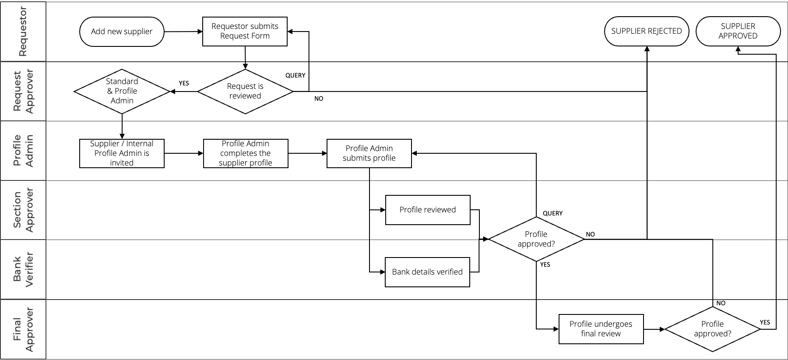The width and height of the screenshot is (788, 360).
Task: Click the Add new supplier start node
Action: pyautogui.click(x=122, y=32)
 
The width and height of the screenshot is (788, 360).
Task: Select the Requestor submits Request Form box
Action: pyautogui.click(x=245, y=32)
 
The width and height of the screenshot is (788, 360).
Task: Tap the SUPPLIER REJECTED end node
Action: pyautogui.click(x=647, y=32)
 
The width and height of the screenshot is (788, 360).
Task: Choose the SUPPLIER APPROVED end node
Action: pyautogui.click(x=738, y=32)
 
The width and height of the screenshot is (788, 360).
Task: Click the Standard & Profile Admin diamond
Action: pyautogui.click(x=122, y=91)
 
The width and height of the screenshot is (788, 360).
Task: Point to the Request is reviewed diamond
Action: pyautogui.click(x=245, y=91)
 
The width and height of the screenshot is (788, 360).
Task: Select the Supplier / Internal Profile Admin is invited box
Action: pyautogui.click(x=122, y=153)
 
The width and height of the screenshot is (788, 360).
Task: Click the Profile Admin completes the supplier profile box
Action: pyautogui.click(x=246, y=153)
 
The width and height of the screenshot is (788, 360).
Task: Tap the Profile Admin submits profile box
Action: pyautogui.click(x=369, y=153)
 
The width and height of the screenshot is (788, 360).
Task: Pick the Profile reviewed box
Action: pyautogui.click(x=428, y=210)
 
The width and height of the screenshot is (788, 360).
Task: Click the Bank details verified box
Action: pyautogui.click(x=427, y=272)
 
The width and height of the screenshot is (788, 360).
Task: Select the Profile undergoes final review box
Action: pyautogui.click(x=601, y=329)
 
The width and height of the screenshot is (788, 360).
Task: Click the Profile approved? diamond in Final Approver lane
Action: pyautogui.click(x=712, y=329)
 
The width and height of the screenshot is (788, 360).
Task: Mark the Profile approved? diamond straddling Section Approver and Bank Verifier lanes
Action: pyautogui.click(x=536, y=239)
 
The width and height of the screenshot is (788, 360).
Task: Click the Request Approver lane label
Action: pyautogui.click(x=23, y=92)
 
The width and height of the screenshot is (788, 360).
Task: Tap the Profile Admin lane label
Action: pyautogui.click(x=23, y=151)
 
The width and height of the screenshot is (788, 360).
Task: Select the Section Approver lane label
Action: pyautogui.click(x=23, y=210)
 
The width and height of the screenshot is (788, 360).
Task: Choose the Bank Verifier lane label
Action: pyautogui.click(x=23, y=269)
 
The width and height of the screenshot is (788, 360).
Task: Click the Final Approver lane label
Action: pyautogui.click(x=23, y=329)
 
